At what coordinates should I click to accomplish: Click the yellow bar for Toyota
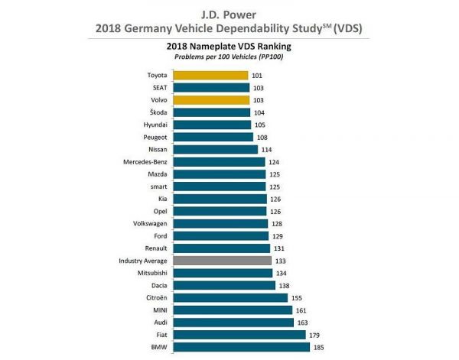tap(210, 76)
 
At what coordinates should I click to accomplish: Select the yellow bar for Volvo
tap(211, 100)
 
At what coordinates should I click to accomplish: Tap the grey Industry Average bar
tap(222, 261)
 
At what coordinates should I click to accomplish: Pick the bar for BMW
tap(242, 347)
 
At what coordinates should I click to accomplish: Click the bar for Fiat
tap(239, 335)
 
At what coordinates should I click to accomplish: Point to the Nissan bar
tap(216, 149)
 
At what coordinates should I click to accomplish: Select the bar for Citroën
tap(230, 297)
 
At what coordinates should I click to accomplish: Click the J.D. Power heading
tap(229, 11)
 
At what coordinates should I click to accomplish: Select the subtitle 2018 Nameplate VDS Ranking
tap(229, 46)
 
